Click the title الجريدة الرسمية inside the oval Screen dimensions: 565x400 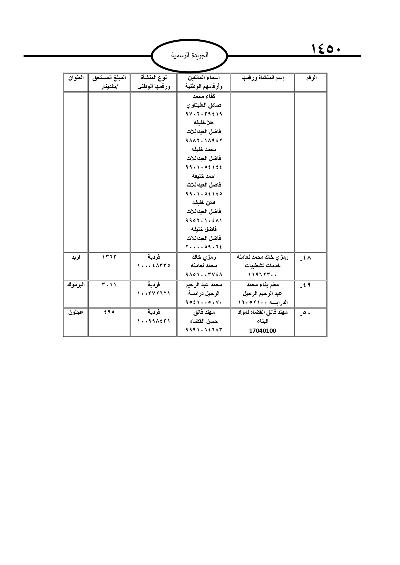pos(190,55)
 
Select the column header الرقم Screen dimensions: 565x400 pos(311,78)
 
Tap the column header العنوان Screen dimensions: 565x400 pos(76,78)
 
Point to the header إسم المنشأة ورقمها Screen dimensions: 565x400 pos(262,78)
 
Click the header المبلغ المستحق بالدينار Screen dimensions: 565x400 pos(109,82)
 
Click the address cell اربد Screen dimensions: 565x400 pos(75,257)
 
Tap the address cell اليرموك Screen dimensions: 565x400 pos(76,285)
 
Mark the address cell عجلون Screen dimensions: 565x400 pos(76,312)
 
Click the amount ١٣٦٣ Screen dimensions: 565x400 pos(109,257)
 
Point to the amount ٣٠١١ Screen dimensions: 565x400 pos(109,285)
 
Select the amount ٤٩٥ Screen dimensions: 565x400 pos(109,312)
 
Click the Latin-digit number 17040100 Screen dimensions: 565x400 pos(262,330)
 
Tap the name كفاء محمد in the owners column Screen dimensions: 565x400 pos(204,96)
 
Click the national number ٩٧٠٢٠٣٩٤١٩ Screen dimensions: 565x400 pos(204,114)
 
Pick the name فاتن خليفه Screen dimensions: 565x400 pos(204,203)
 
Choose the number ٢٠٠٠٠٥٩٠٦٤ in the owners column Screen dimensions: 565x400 pos(204,247)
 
